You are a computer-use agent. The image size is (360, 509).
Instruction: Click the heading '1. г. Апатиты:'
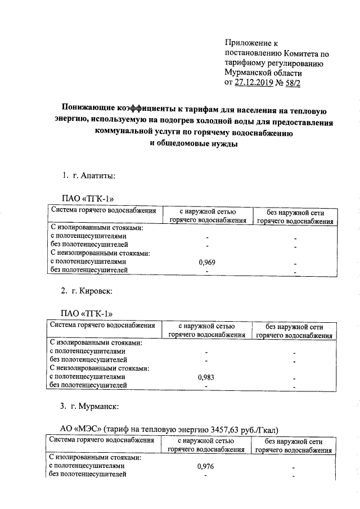click(88, 176)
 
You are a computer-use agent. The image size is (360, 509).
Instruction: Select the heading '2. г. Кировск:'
click(87, 291)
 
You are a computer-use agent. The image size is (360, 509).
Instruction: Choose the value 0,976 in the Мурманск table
click(206, 466)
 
